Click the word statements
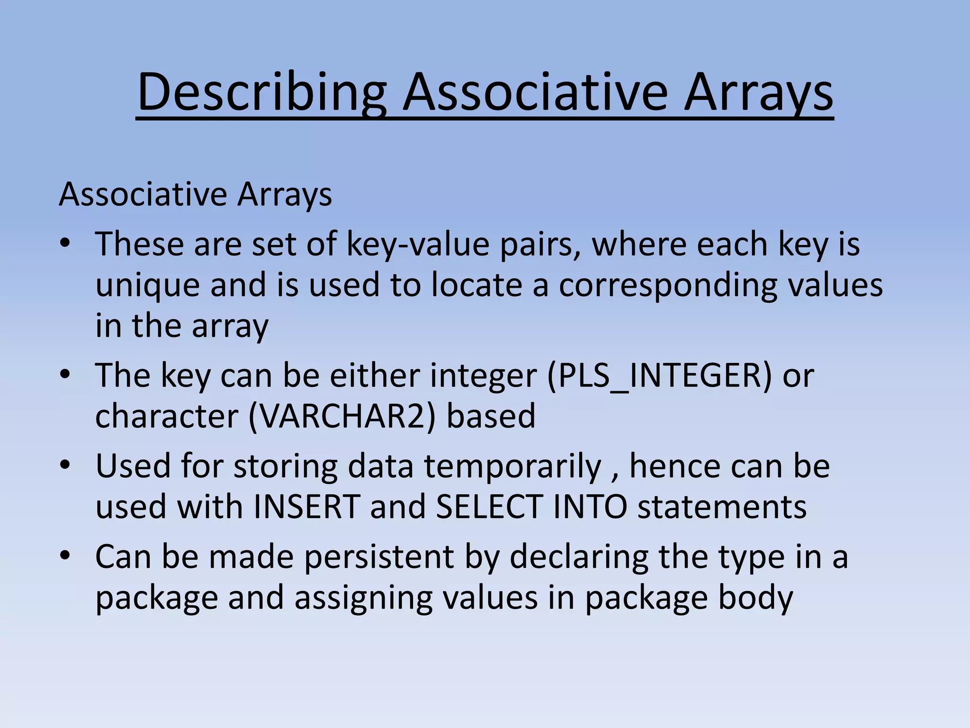pyautogui.click(x=722, y=507)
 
